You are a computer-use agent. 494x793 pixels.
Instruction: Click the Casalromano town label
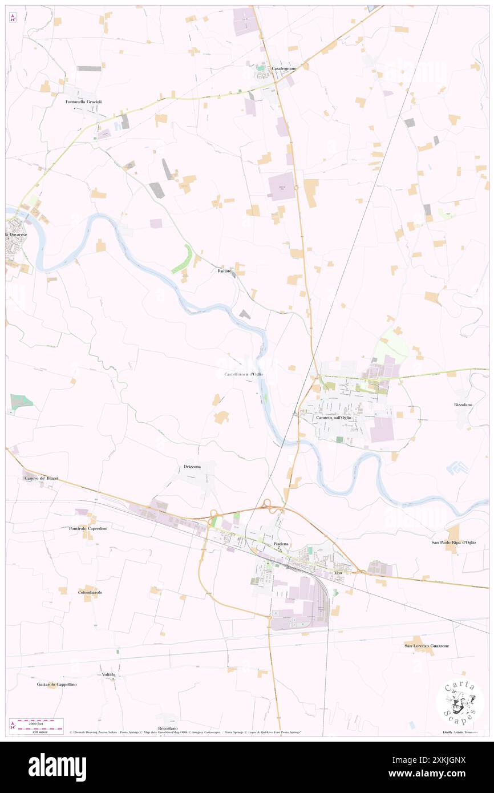tap(284, 68)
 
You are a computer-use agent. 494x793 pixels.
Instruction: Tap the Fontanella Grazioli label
tap(83, 102)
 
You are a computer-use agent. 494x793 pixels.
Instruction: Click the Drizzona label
tap(192, 467)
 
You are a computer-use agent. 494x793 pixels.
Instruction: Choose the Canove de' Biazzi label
tap(41, 478)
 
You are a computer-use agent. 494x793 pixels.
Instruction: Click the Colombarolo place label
tap(90, 593)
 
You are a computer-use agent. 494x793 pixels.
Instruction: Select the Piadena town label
tap(281, 544)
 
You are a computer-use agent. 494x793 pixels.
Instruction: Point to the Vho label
tap(338, 572)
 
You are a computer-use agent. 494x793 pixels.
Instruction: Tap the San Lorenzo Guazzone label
tap(427, 645)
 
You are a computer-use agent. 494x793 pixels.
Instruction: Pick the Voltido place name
tap(109, 674)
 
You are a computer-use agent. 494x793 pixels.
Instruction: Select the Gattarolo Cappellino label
tap(56, 684)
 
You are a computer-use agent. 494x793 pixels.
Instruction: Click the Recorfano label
tap(168, 729)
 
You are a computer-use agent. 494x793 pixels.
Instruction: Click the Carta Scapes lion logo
tap(460, 702)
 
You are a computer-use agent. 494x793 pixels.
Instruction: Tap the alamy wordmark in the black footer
tap(57, 767)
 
